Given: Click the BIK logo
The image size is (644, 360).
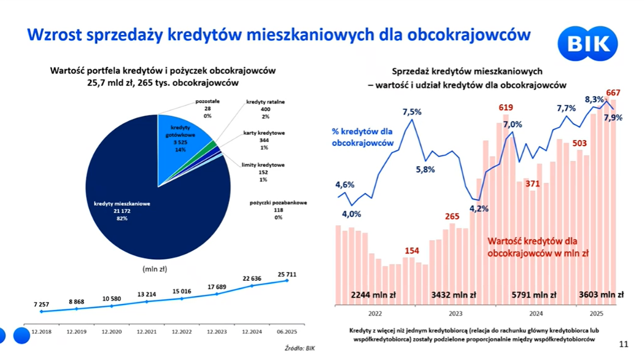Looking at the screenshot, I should click(588, 43).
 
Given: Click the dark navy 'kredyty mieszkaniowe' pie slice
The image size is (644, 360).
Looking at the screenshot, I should click(151, 212).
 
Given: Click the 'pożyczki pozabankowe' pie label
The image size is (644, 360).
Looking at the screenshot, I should click(278, 210).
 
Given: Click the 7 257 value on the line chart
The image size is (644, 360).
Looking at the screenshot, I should click(42, 305).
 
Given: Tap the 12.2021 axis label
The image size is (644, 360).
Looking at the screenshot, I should click(147, 331).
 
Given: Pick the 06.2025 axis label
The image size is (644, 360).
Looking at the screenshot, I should click(287, 331).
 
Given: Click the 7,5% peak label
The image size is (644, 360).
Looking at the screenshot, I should click(412, 112).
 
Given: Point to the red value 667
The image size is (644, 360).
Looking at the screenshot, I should click(613, 93).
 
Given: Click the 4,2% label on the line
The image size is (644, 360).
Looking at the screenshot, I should click(478, 209).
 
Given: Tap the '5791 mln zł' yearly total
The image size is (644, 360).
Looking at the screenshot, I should click(534, 295).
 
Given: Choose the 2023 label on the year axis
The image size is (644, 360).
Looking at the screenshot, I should click(455, 313).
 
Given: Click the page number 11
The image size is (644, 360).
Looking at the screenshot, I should click(623, 344).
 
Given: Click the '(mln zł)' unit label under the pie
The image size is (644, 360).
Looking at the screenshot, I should click(154, 269).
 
